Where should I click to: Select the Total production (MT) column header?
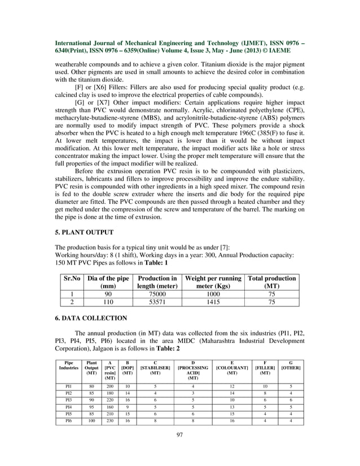tap(273, 282)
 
